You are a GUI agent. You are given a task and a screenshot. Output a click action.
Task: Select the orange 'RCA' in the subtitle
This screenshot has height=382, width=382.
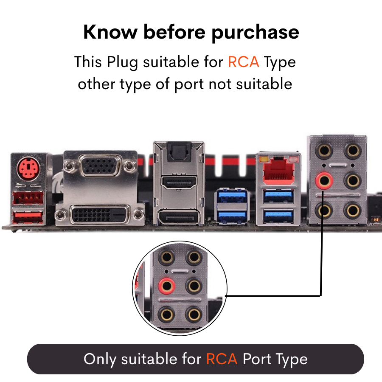pyautogui.click(x=243, y=62)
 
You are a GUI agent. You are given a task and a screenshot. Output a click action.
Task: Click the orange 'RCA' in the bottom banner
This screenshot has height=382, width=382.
pyautogui.click(x=222, y=359)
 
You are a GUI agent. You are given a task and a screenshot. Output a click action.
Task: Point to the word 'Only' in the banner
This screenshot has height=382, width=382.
pyautogui.click(x=100, y=359)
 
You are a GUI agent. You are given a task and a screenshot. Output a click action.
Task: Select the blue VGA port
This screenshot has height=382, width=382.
pyautogui.click(x=101, y=166)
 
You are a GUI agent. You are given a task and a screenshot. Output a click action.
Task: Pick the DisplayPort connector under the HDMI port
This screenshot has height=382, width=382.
pyautogui.click(x=178, y=219)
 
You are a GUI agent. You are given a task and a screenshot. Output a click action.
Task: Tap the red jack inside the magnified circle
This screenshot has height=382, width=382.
pyautogui.click(x=166, y=285)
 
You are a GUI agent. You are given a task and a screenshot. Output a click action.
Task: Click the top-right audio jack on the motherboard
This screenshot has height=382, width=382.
pyautogui.click(x=352, y=151)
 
